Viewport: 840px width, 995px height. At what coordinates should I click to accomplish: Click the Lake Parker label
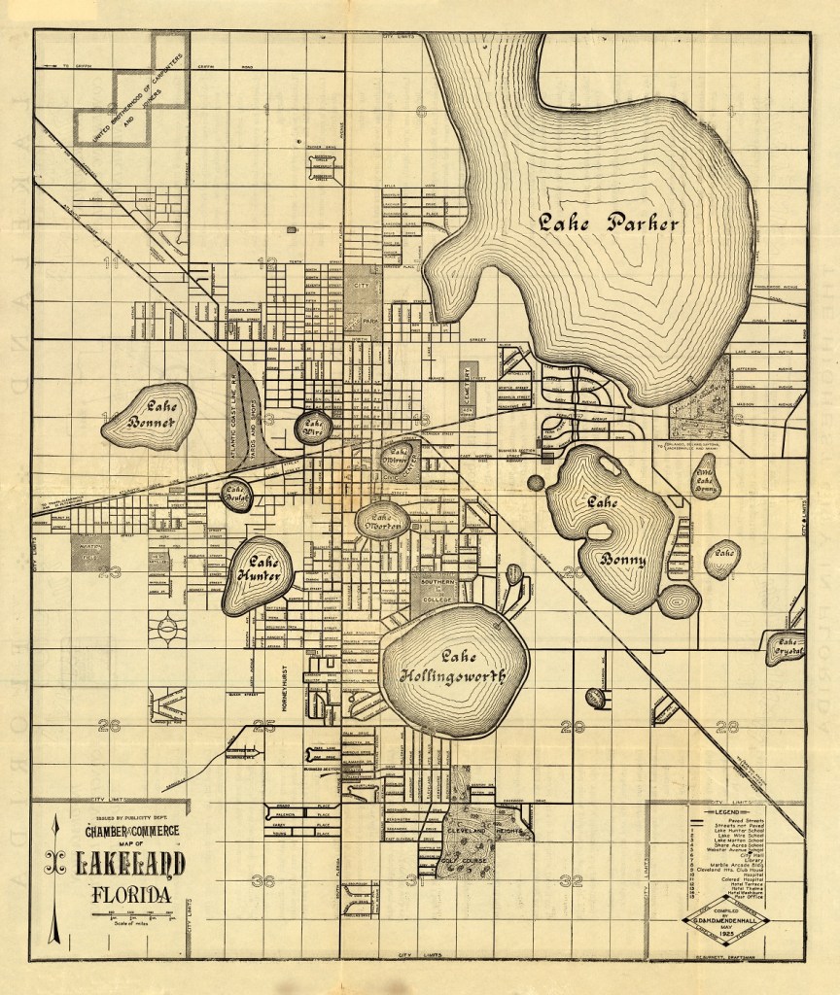610,223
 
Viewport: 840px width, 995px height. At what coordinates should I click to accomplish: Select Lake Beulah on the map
236,495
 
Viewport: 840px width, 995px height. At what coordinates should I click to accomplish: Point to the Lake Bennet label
152,416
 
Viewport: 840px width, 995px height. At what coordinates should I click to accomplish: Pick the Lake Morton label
382,520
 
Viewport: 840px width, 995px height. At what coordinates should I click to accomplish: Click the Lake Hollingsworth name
454,667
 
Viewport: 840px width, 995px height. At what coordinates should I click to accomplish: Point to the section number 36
262,881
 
